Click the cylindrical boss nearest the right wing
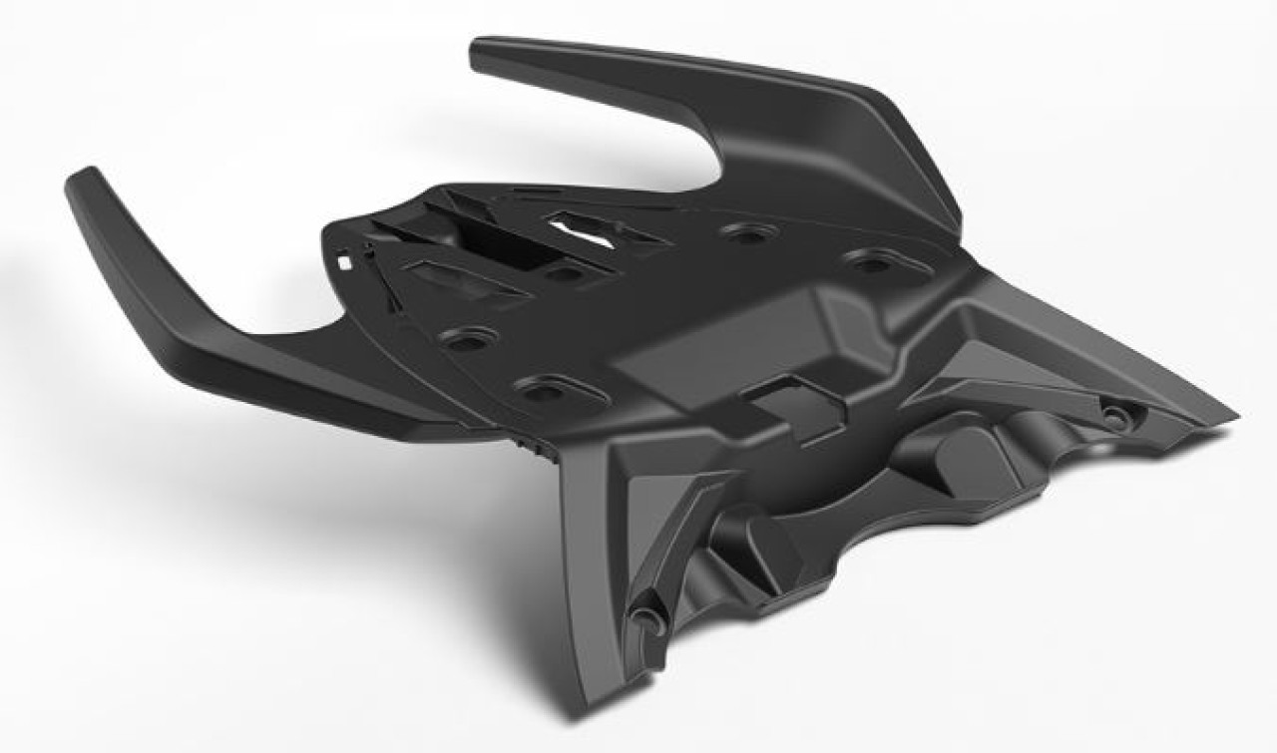tap(959, 450)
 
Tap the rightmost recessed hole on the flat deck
tap(871, 263)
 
